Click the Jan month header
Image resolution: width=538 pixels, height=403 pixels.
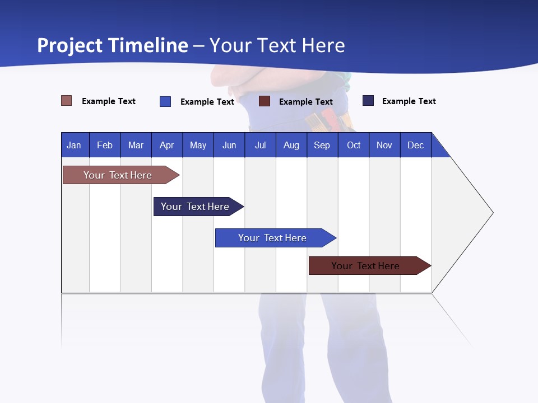point(74,145)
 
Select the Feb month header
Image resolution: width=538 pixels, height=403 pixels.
point(105,145)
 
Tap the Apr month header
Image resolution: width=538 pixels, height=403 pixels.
point(166,145)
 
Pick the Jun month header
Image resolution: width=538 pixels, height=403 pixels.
point(229,145)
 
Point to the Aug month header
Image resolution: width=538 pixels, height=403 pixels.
point(291,145)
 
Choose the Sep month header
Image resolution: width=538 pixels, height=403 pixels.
point(322,145)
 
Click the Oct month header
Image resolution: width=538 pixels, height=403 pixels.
point(354,145)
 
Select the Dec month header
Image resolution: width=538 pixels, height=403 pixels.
point(415,145)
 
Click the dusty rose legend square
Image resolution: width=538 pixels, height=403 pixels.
point(67,101)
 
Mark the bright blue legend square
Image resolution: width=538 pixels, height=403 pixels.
point(165,101)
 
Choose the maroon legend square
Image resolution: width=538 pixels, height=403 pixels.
point(265,101)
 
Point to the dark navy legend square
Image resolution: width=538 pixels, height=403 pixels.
point(368,101)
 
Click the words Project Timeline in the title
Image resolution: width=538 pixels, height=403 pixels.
point(113,45)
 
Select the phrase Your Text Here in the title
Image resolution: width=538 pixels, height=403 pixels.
point(277,45)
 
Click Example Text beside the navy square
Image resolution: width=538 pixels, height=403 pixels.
point(409,101)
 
